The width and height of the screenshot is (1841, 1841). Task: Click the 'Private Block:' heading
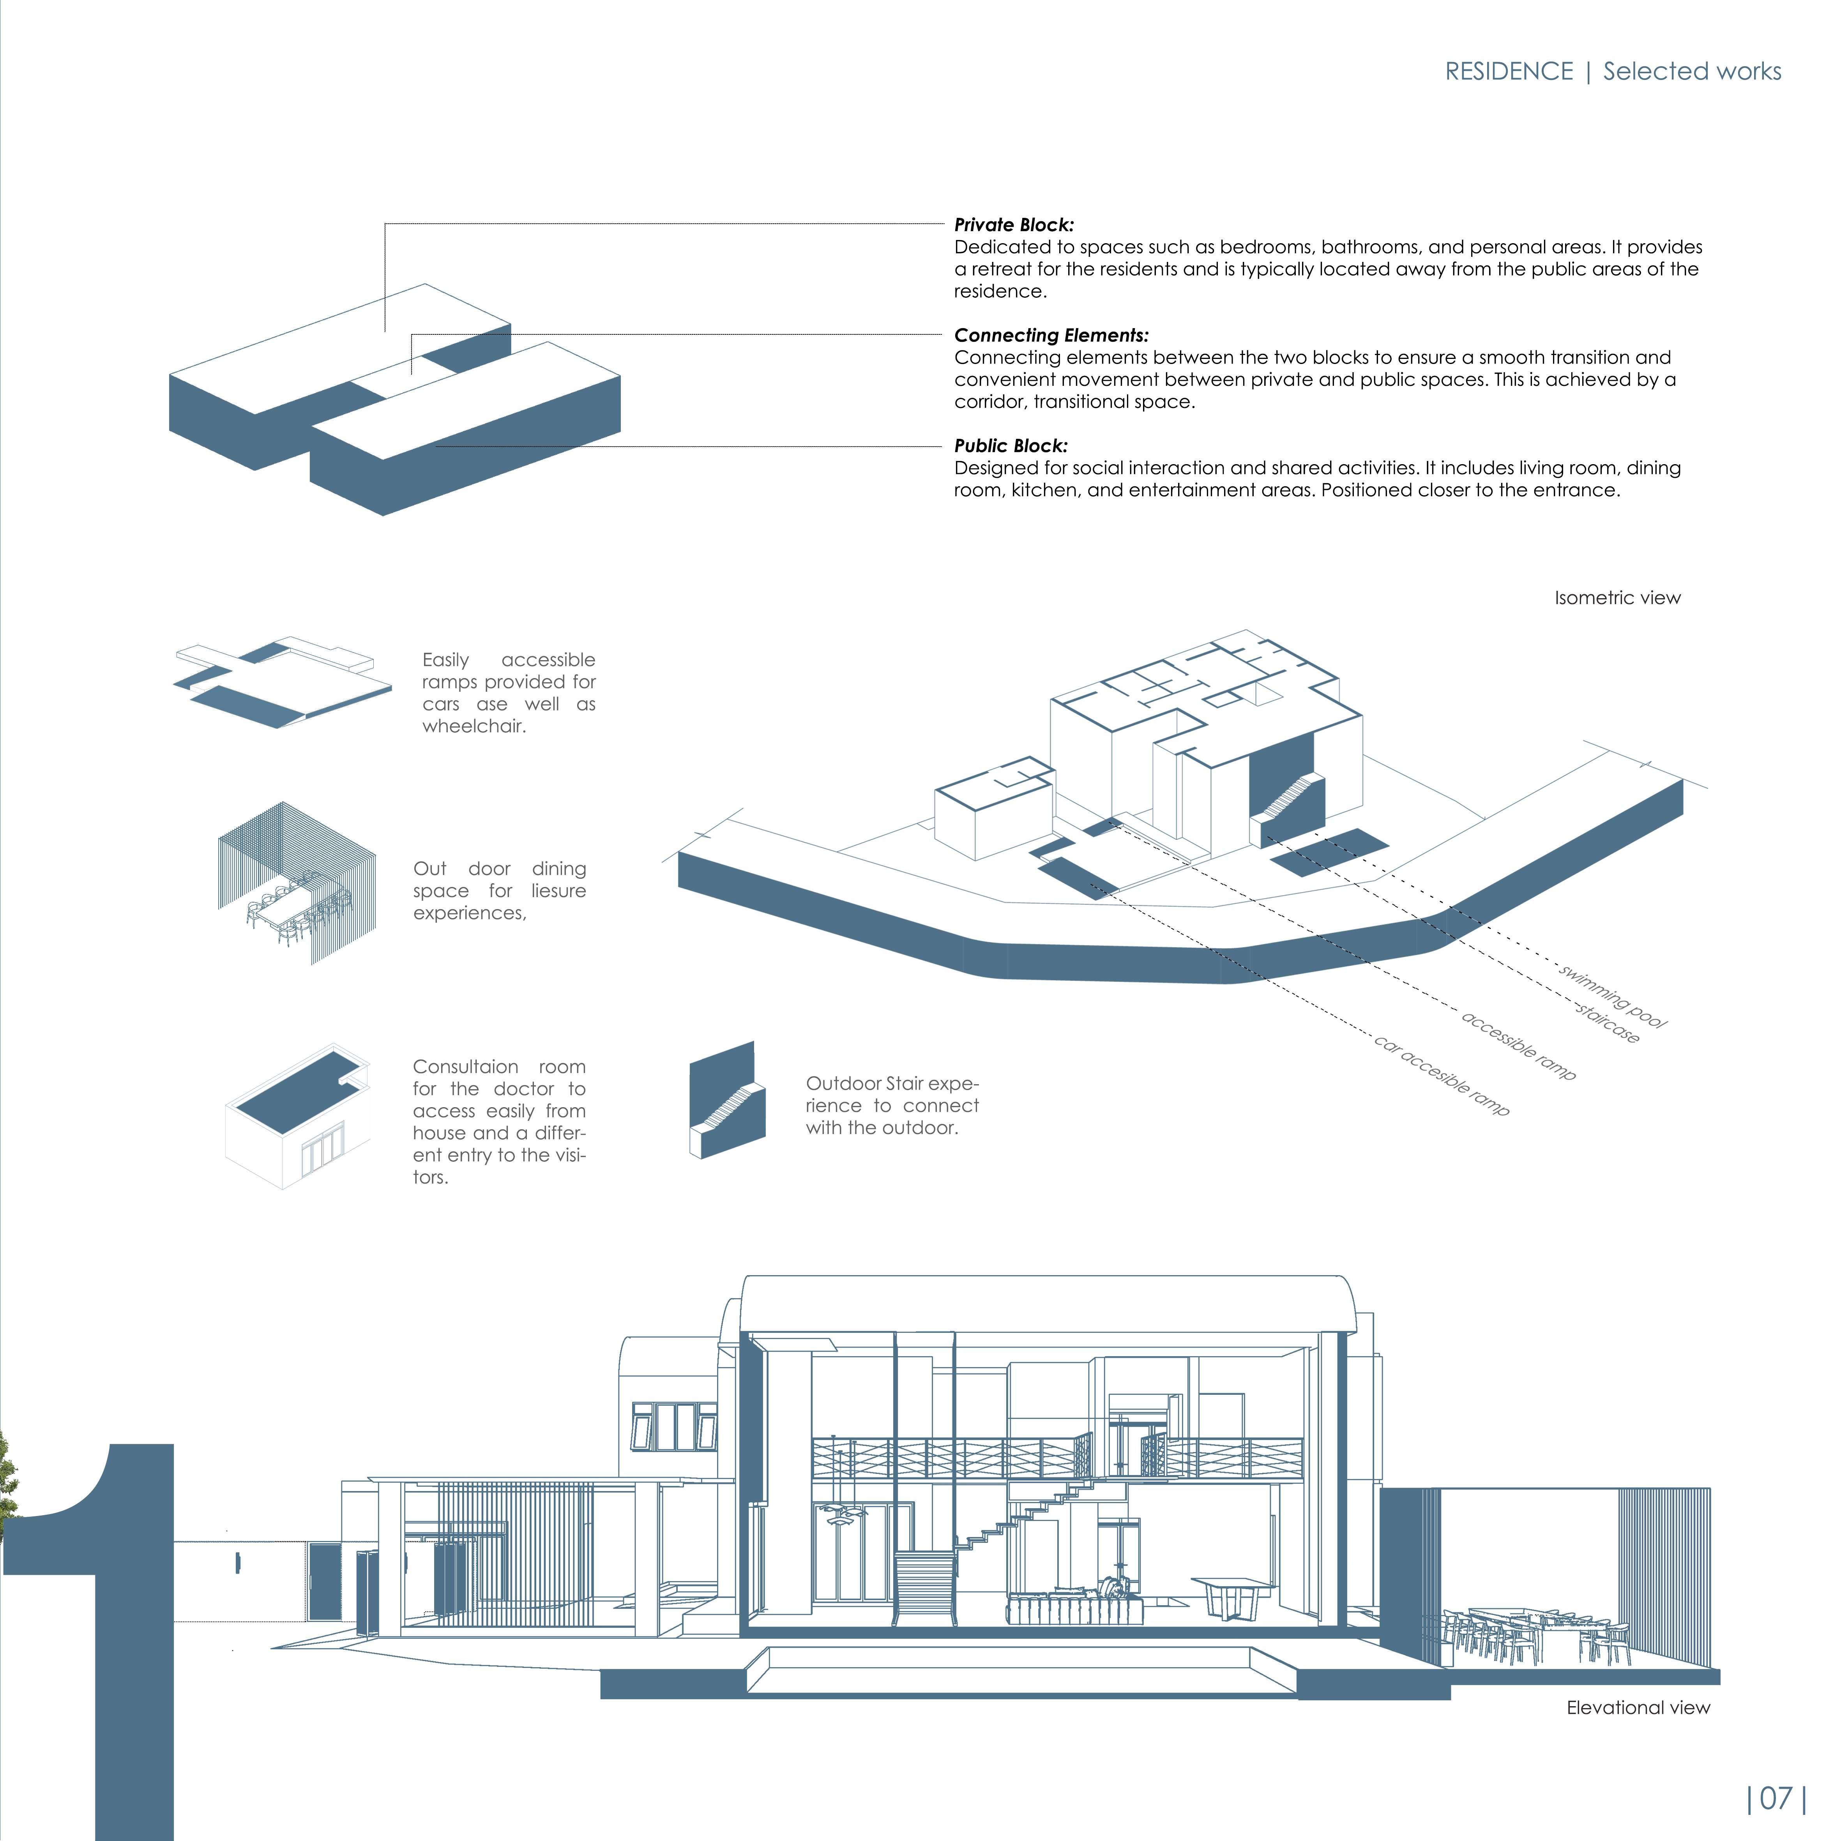coord(1014,225)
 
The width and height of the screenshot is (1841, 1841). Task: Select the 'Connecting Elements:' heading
coord(1051,336)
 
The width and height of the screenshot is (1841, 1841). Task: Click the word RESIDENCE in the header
coord(1509,71)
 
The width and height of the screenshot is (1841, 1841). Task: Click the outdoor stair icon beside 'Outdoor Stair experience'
coord(727,1101)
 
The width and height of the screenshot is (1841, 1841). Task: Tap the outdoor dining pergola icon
coord(296,883)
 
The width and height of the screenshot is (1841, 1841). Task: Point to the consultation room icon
coord(297,1117)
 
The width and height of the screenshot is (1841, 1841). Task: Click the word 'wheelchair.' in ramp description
coord(474,726)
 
